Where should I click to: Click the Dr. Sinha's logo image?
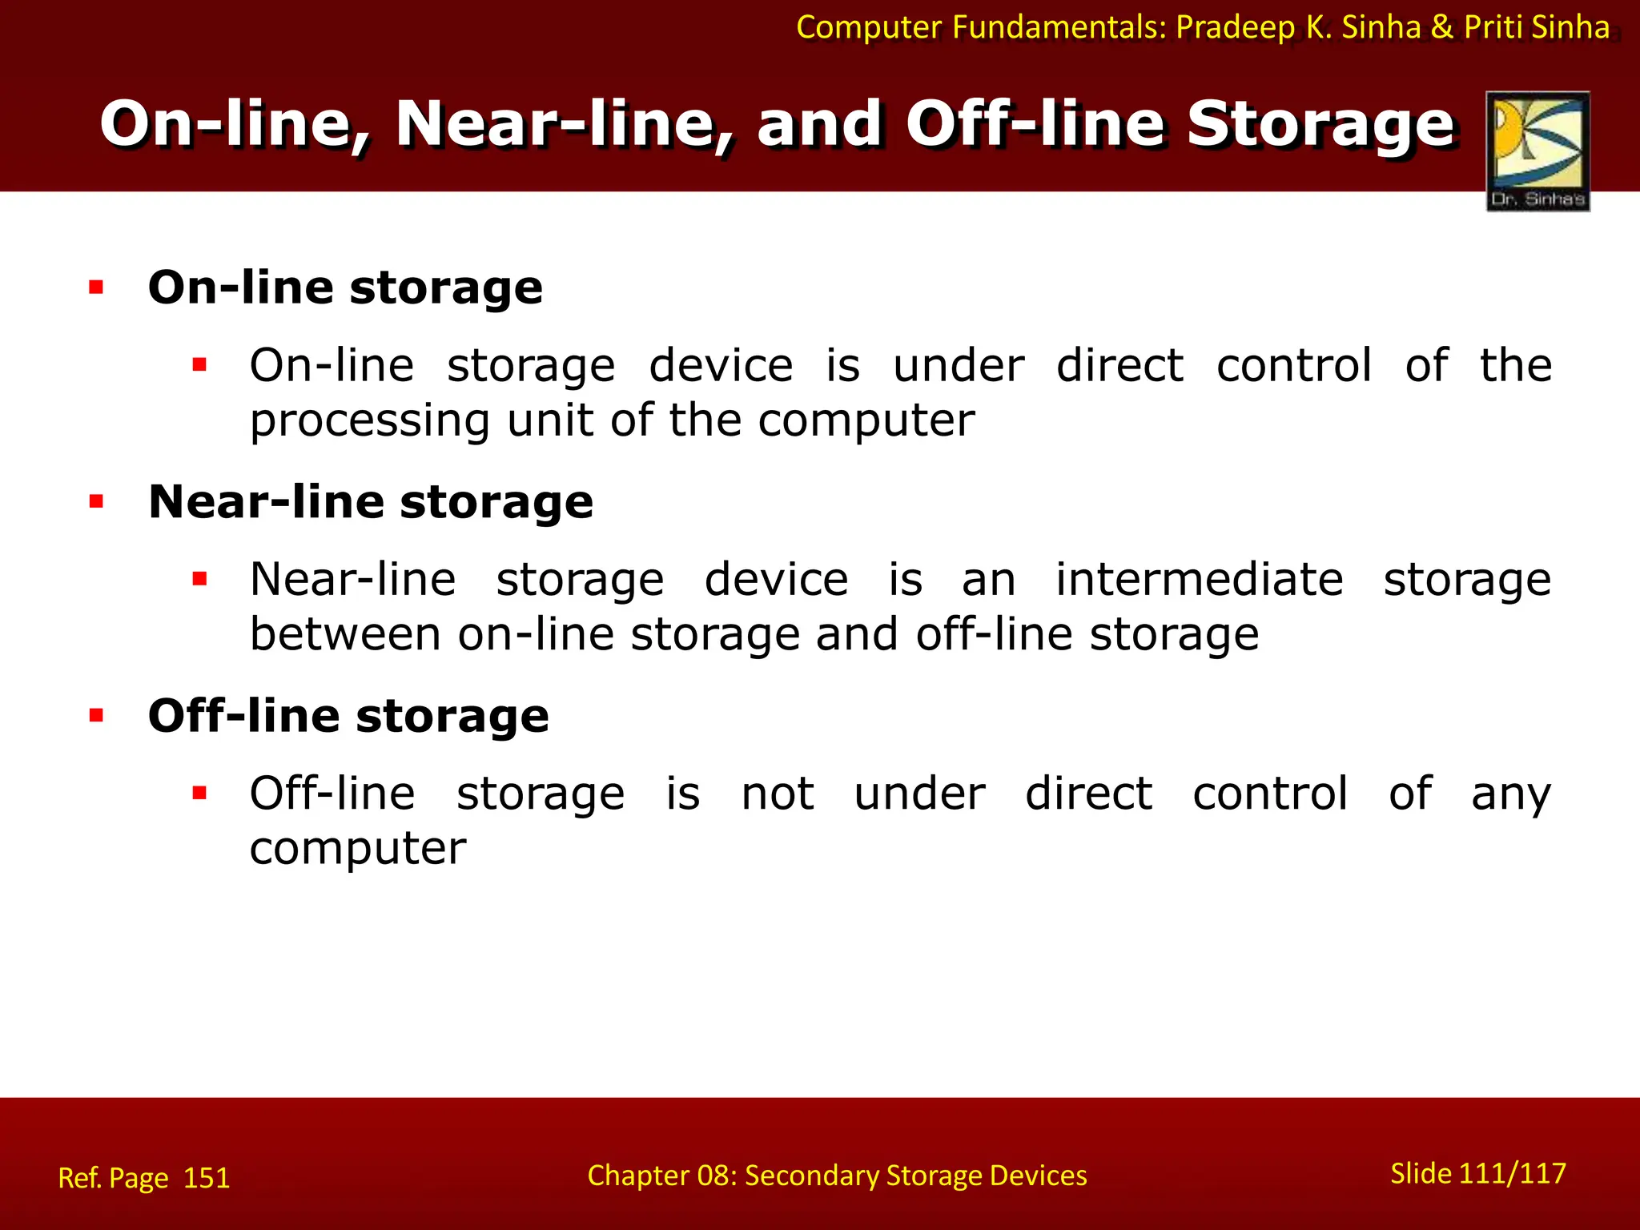pyautogui.click(x=1537, y=151)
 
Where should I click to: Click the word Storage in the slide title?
pyautogui.click(x=1320, y=125)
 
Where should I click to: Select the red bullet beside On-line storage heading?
pyautogui.click(x=97, y=287)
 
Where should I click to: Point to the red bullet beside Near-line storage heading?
pyautogui.click(x=97, y=502)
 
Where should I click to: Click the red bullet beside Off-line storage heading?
pyautogui.click(x=97, y=716)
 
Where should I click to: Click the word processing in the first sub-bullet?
pyautogui.click(x=369, y=421)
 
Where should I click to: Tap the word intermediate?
pyautogui.click(x=1199, y=579)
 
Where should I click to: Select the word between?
pyautogui.click(x=345, y=634)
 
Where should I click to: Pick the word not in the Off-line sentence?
pyautogui.click(x=777, y=794)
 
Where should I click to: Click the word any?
pyautogui.click(x=1510, y=795)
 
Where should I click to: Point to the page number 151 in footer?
pyautogui.click(x=207, y=1178)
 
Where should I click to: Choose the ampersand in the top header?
pyautogui.click(x=1441, y=27)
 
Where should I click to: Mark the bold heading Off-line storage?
pyautogui.click(x=348, y=716)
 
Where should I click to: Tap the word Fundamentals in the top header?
pyautogui.click(x=1059, y=27)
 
